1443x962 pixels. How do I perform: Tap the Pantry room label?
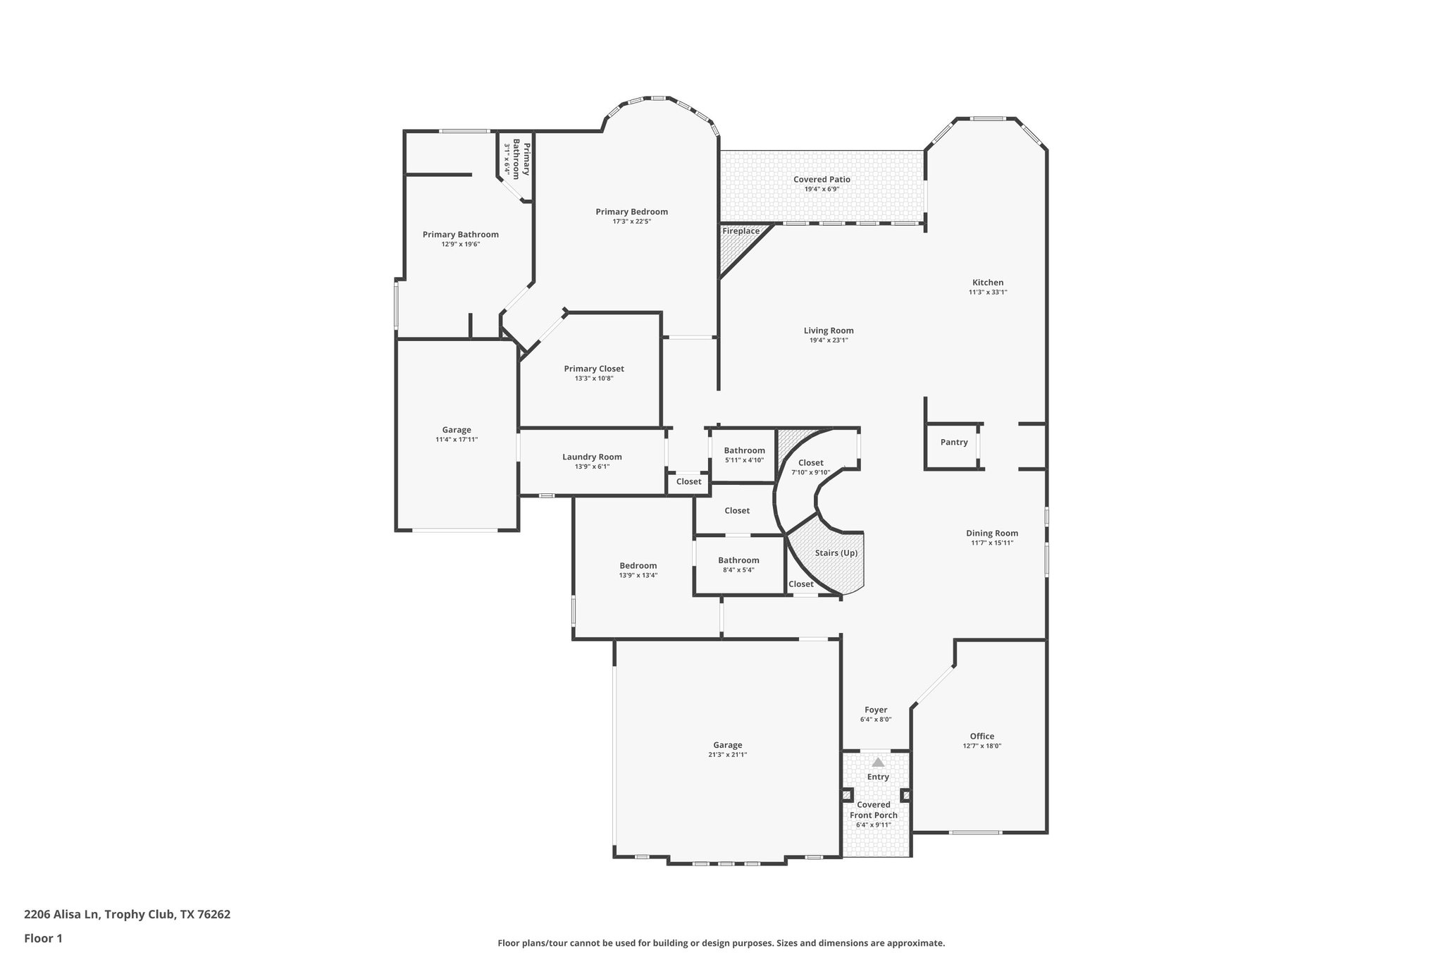954,443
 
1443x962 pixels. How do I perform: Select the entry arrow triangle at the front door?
878,762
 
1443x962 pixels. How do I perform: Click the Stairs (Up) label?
836,553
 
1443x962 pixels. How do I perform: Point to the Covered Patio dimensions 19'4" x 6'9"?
822,190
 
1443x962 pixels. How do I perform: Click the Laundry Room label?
592,457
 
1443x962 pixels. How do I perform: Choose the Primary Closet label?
594,369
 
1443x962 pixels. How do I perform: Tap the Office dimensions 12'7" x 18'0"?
981,746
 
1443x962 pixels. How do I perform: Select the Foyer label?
876,710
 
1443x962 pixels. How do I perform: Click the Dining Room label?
992,534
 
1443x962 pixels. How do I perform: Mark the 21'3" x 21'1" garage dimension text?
727,755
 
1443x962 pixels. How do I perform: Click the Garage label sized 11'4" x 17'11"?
457,430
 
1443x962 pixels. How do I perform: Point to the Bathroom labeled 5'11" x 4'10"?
744,450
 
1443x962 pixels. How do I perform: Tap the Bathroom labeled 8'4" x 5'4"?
738,560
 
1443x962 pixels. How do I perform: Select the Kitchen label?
988,283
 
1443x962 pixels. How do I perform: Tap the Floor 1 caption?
43,938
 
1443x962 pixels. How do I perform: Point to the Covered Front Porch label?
874,810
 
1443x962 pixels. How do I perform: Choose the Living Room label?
829,331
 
